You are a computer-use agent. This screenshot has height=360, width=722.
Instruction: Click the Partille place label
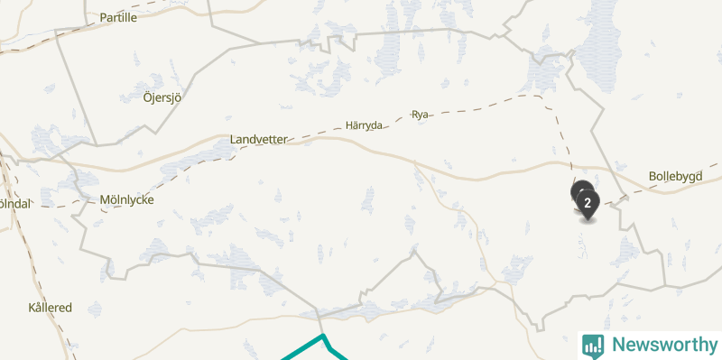[118, 17]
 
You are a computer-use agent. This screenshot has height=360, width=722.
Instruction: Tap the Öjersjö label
[162, 97]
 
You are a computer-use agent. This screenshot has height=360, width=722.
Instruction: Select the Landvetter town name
[258, 140]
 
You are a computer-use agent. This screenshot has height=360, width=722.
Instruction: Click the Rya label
[420, 115]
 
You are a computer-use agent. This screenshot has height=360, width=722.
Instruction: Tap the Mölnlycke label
[126, 199]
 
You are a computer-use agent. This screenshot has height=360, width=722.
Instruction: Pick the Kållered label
[50, 308]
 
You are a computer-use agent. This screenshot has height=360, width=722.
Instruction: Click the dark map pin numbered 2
[588, 203]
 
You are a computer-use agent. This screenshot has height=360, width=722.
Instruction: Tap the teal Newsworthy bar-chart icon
[593, 345]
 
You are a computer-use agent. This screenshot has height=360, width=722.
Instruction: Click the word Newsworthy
[664, 345]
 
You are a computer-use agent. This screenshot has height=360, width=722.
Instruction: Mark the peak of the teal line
[322, 336]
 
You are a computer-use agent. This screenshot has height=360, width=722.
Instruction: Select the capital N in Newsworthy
[618, 345]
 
